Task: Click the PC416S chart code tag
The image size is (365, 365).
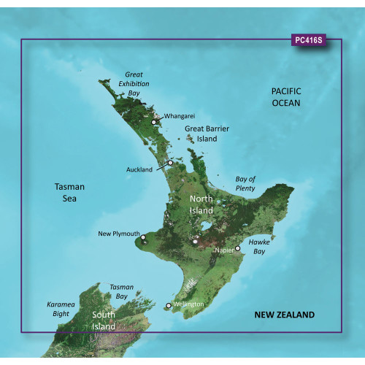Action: [310, 41]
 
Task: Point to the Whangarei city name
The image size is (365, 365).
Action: [180, 116]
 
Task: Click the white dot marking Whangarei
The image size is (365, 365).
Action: [154, 122]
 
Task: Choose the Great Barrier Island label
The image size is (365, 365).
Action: [208, 133]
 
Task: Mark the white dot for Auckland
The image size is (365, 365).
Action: [170, 163]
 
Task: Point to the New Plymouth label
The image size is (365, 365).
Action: [118, 234]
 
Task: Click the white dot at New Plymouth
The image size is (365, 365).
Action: [144, 237]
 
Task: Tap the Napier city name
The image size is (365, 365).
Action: [224, 250]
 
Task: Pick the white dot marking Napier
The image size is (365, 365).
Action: [237, 248]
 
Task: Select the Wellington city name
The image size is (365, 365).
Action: [188, 304]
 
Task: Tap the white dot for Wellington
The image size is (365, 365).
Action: [169, 306]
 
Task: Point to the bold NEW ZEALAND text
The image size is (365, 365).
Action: [284, 315]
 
